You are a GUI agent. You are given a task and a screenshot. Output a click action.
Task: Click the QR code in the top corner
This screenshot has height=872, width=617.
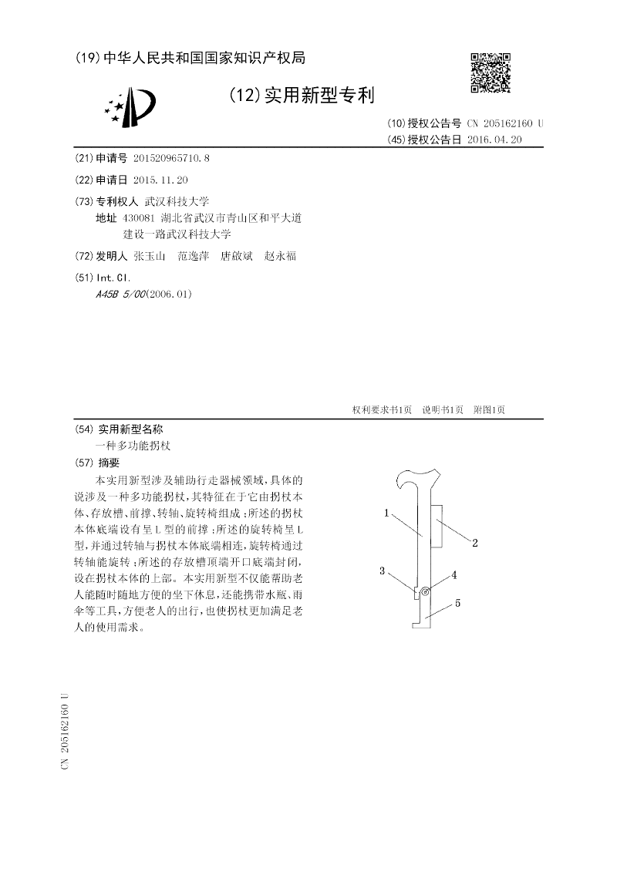491,73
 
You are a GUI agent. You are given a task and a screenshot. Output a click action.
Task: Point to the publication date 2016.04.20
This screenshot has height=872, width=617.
495,140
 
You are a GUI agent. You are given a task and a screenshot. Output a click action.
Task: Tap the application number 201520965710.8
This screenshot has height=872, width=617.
171,158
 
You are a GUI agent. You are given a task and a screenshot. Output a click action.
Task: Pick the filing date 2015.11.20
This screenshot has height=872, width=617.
160,180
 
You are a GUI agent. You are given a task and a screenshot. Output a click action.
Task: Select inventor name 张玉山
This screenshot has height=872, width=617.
149,256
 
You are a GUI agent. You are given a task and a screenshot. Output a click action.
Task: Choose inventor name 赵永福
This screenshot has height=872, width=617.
280,256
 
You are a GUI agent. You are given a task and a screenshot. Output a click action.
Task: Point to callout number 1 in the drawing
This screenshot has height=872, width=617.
386,512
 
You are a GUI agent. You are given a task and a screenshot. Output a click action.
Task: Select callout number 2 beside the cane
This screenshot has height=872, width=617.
475,543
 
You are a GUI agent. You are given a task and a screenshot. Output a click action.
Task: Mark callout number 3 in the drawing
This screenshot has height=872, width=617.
381,571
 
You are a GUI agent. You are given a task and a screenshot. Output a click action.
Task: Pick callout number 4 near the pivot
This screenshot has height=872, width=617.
454,574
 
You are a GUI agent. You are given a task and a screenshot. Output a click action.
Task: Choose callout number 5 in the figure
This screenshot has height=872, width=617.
457,604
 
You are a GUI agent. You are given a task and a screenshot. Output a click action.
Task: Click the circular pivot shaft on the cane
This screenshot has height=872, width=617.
425,591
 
